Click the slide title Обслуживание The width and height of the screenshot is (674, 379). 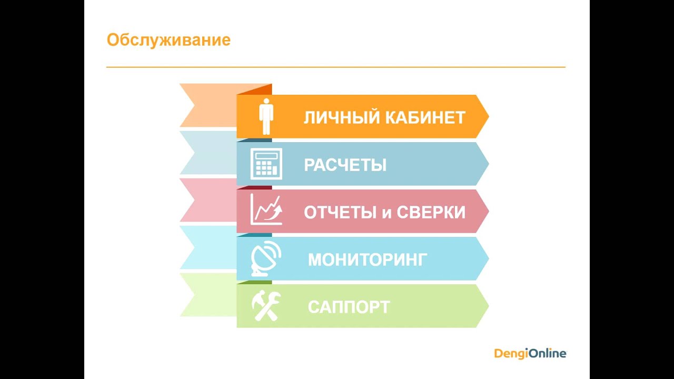click(168, 41)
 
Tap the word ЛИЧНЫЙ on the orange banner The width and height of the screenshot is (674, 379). click(342, 117)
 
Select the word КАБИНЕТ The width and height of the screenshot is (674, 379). click(425, 117)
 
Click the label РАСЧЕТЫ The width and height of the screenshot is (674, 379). click(345, 165)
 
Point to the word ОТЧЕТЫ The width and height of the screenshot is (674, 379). click(340, 212)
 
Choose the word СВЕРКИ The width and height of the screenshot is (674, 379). click(431, 212)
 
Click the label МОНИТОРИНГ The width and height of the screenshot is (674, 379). click(368, 260)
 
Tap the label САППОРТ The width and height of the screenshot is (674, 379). click(349, 307)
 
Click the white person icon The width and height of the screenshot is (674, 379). click(266, 116)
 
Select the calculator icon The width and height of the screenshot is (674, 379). click(266, 164)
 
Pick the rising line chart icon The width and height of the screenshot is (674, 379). click(266, 210)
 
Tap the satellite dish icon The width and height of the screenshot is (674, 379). click(266, 258)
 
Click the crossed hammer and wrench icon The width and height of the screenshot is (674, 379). click(266, 306)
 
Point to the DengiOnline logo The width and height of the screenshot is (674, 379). click(530, 353)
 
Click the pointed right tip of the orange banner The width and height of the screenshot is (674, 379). click(489, 116)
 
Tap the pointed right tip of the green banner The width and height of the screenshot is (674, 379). click(489, 306)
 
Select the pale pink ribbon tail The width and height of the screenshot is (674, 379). click(208, 200)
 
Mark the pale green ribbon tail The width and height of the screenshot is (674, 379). click(208, 295)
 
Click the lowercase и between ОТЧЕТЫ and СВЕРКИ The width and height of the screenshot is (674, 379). click(386, 214)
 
